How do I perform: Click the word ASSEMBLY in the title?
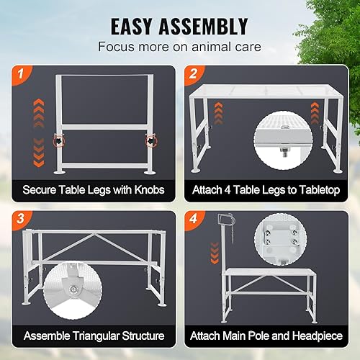tap(210, 26)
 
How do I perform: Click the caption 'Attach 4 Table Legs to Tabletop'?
tap(267, 191)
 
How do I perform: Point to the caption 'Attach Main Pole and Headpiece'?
tap(267, 336)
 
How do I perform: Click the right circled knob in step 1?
tap(152, 138)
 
